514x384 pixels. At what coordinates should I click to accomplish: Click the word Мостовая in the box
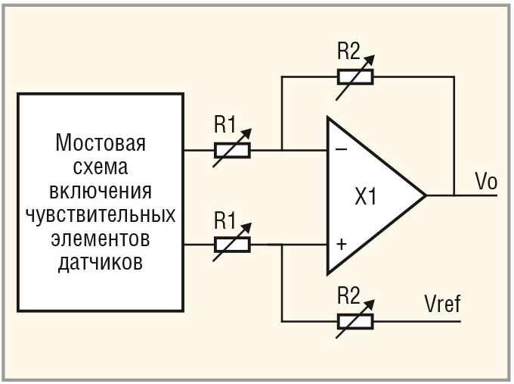(101, 143)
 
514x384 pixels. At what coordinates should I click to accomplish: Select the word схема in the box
(101, 167)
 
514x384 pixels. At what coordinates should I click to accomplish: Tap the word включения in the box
(101, 190)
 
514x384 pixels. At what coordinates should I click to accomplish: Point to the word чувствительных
(101, 214)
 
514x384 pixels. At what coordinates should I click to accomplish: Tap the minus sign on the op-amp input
(341, 150)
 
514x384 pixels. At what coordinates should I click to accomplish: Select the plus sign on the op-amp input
(341, 245)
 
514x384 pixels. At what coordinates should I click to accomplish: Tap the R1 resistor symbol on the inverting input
(231, 149)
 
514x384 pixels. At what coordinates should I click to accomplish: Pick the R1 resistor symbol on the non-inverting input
(231, 244)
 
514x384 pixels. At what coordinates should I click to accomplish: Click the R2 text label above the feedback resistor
(350, 53)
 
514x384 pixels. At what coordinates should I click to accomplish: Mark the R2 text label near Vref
(350, 297)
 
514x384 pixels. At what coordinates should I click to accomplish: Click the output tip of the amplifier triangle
(425, 195)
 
